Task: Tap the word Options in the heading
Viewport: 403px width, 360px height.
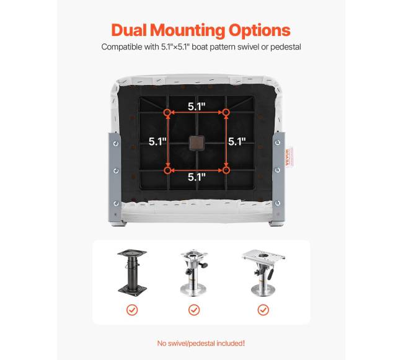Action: (x=259, y=31)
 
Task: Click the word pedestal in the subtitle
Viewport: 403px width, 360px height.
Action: (x=286, y=47)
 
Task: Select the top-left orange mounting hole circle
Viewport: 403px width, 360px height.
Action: (x=167, y=113)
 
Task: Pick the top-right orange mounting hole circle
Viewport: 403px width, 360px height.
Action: (x=226, y=112)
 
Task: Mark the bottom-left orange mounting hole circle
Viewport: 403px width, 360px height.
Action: (x=167, y=170)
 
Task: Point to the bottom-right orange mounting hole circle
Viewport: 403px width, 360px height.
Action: (x=226, y=170)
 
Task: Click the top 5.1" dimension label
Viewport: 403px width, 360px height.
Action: (x=197, y=107)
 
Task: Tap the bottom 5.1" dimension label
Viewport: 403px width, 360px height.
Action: (x=197, y=177)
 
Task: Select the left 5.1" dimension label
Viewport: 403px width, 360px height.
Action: (x=157, y=141)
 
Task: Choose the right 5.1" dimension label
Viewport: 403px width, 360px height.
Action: (x=237, y=141)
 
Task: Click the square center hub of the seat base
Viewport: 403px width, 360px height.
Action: (x=197, y=143)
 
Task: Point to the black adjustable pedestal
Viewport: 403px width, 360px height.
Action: (x=132, y=273)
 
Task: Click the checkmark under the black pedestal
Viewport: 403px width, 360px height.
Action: (x=132, y=310)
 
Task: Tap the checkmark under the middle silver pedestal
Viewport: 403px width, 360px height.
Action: (x=194, y=310)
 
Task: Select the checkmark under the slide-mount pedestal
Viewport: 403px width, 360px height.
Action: (x=263, y=310)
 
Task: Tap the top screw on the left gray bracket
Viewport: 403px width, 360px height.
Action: (x=116, y=144)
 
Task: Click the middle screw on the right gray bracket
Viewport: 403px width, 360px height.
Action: (x=278, y=170)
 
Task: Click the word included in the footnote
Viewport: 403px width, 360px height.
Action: (x=230, y=343)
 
